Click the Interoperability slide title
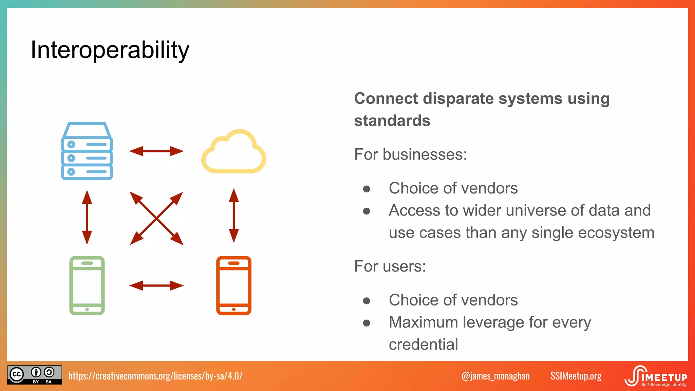coord(110,50)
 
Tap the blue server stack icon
coord(87,151)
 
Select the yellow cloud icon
coord(234,152)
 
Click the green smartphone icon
coord(87,285)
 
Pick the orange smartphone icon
coord(234,285)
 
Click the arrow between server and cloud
coord(156,151)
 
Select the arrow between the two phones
coord(156,285)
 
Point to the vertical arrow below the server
coord(87,217)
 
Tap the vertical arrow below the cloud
coord(234,216)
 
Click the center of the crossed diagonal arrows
coord(156,218)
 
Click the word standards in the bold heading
coord(392,121)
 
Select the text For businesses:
coord(410,154)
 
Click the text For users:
coord(390,266)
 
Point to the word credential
coord(423,345)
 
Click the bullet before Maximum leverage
coord(367,323)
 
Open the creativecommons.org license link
coord(155,376)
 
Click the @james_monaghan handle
coord(495,376)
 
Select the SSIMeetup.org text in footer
coord(576,376)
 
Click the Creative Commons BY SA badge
coord(35,375)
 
